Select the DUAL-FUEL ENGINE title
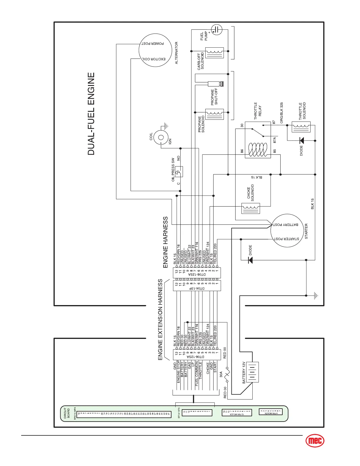91,114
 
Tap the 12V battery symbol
252,372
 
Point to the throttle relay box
258,140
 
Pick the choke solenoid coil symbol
251,208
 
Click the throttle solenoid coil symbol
301,127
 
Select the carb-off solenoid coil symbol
215,53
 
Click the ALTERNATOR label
176,53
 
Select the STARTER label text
306,231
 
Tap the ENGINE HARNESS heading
165,242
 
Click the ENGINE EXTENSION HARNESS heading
160,319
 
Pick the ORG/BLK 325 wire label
281,113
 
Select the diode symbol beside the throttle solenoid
301,140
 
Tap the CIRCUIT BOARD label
67,413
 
